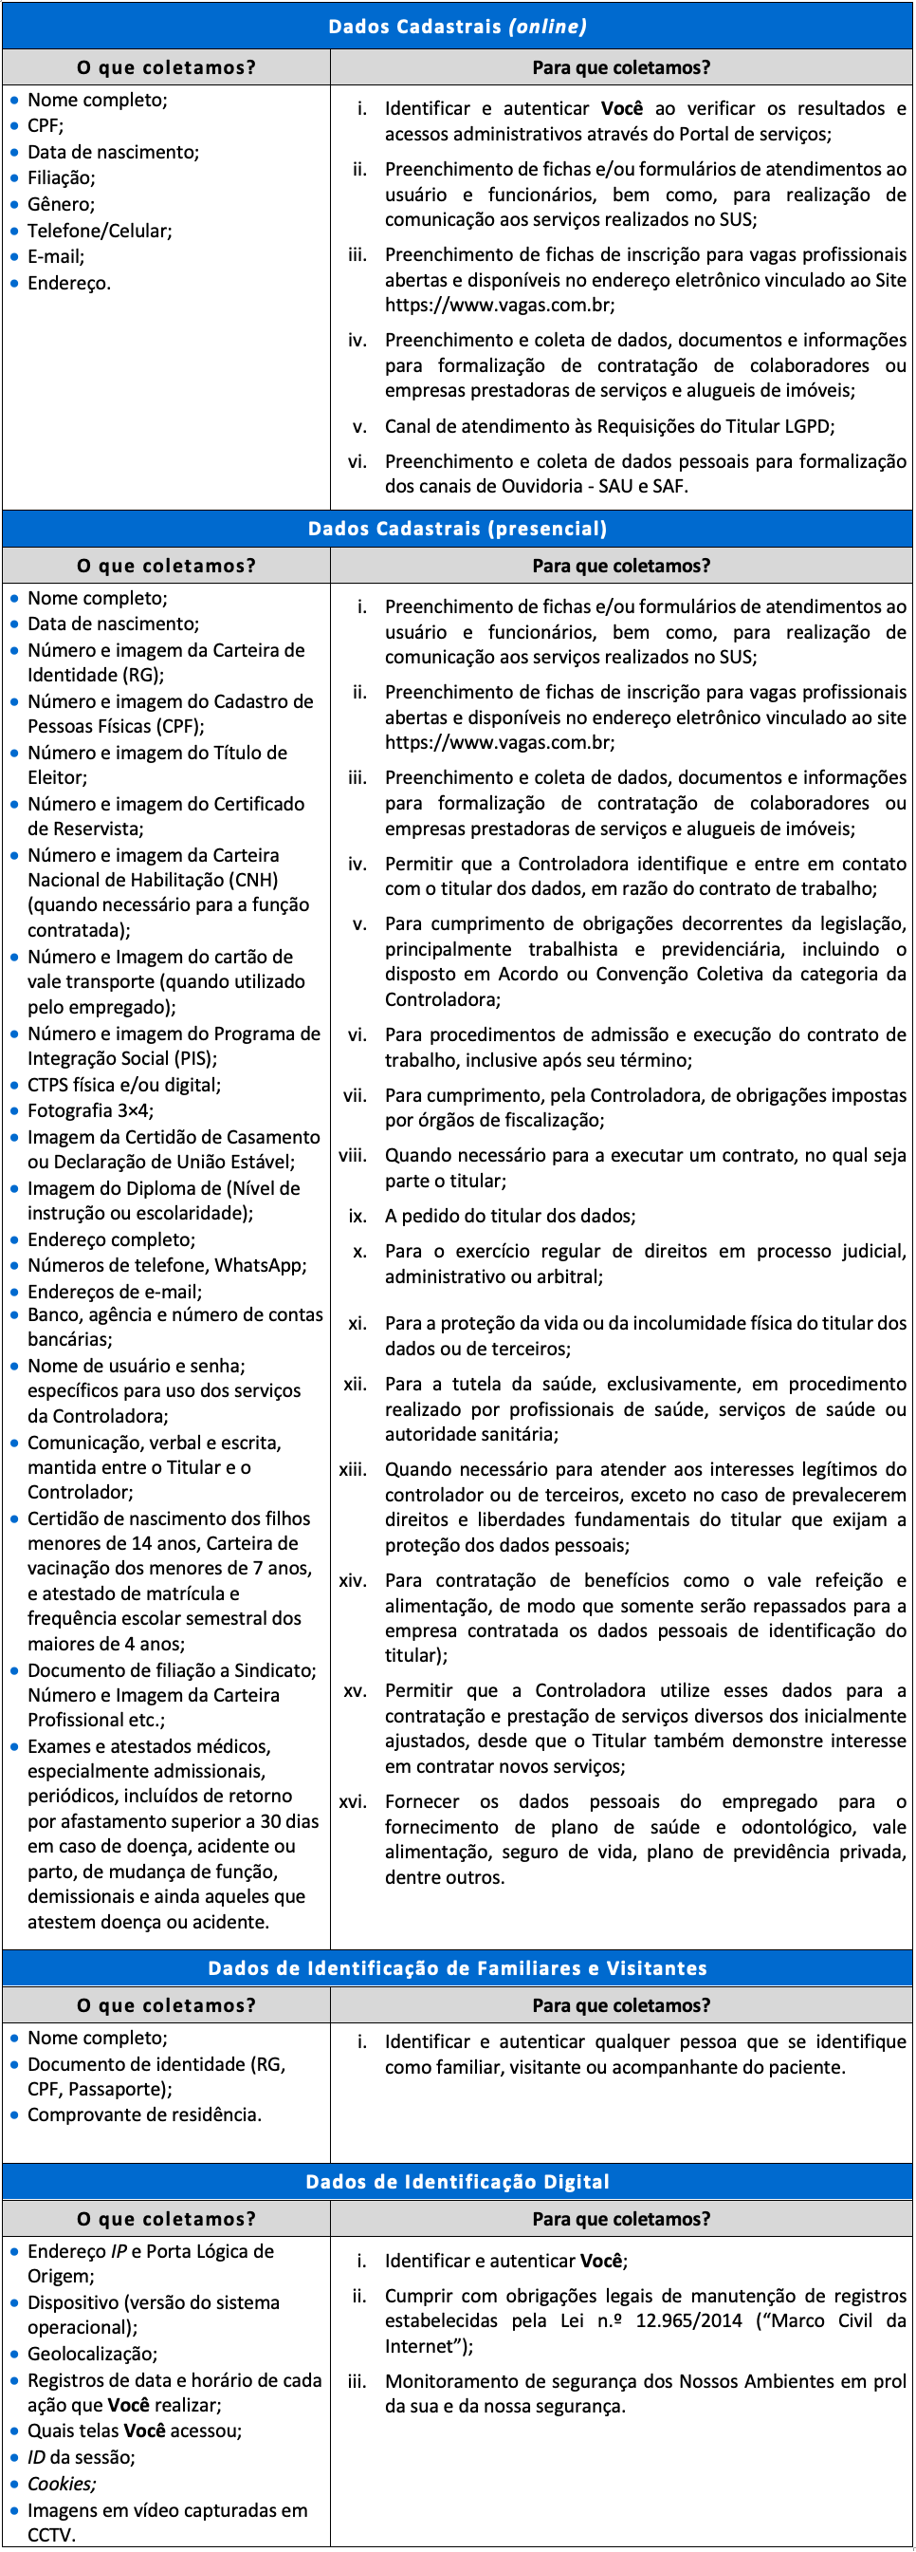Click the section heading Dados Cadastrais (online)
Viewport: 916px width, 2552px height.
click(x=457, y=27)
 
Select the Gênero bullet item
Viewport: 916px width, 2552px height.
click(x=62, y=204)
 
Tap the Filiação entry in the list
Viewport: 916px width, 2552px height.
click(x=62, y=178)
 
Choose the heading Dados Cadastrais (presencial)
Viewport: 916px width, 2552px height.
click(x=457, y=528)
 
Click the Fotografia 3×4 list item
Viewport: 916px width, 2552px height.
click(x=91, y=1110)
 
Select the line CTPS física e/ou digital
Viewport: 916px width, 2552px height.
click(x=124, y=1085)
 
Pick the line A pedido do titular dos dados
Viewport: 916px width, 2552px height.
click(x=510, y=1216)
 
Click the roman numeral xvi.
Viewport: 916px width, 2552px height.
click(x=354, y=1802)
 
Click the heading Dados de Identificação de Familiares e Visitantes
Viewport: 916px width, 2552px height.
click(x=457, y=1967)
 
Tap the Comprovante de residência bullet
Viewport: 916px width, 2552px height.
click(x=144, y=2114)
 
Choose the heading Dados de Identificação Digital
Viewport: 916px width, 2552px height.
click(x=457, y=2182)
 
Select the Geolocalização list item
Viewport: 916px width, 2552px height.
click(x=92, y=2354)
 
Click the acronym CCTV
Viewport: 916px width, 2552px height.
click(x=50, y=2534)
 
